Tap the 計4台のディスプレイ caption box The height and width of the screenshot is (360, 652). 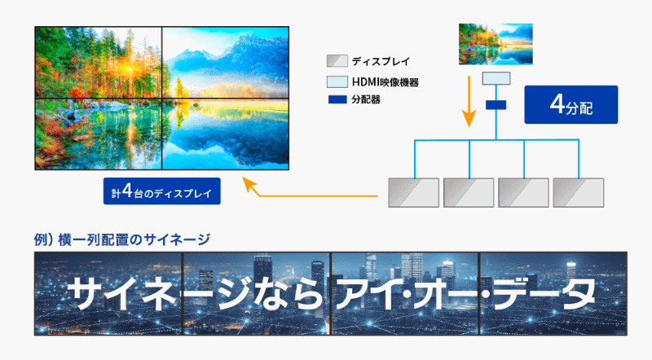click(162, 194)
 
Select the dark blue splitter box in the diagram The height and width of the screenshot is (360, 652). click(496, 106)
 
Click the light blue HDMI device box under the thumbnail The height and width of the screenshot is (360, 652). click(496, 79)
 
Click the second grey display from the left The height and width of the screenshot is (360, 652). click(469, 192)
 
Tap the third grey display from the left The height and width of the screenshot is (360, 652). click(523, 192)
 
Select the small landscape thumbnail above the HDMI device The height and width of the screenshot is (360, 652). click(496, 42)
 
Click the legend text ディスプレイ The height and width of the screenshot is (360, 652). click(381, 61)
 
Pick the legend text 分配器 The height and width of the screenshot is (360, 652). click(366, 99)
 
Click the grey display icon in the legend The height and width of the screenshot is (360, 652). click(337, 61)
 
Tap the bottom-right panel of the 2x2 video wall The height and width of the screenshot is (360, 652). click(225, 134)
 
